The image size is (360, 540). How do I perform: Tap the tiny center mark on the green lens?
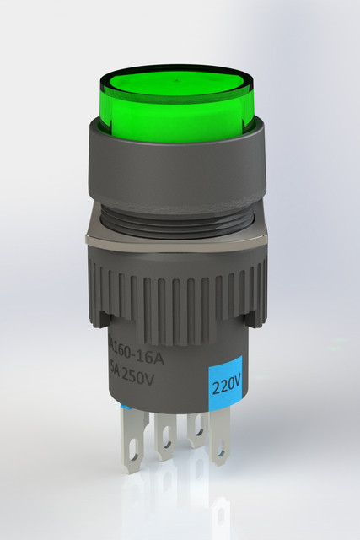[x=176, y=83]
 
